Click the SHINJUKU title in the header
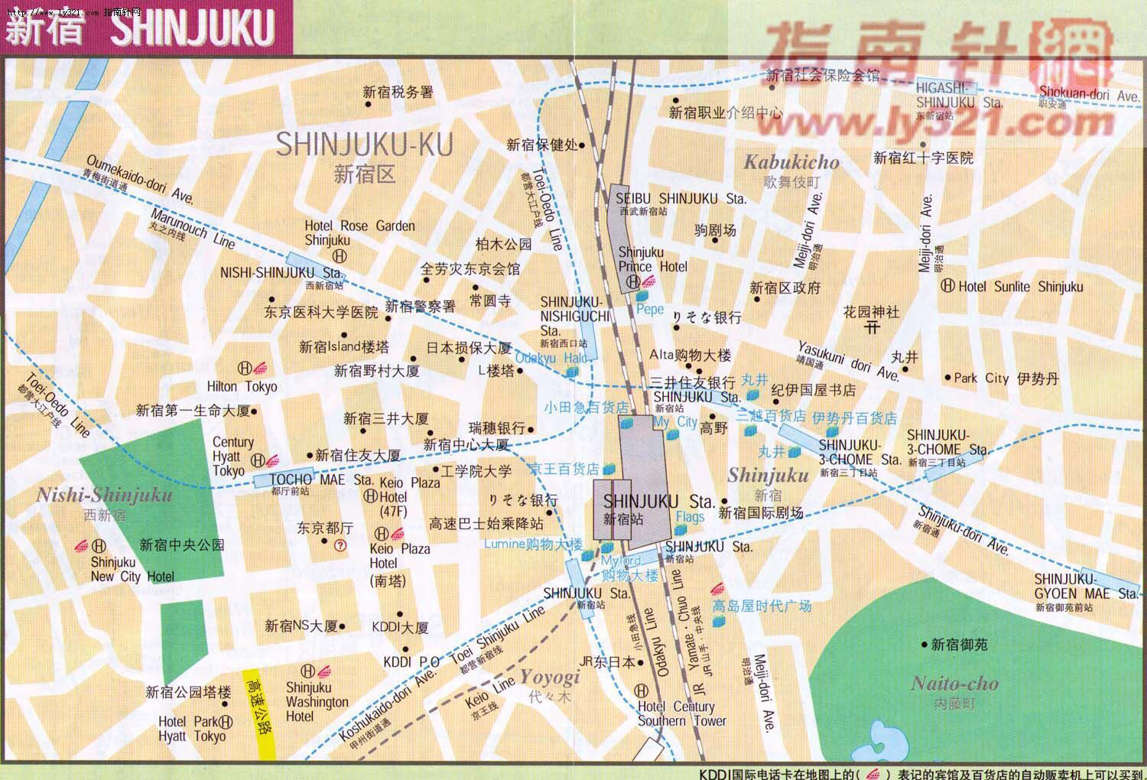coord(193,27)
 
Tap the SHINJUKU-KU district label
coord(364,145)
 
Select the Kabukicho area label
coord(791,162)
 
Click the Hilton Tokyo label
coord(242,386)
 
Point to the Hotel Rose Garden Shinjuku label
coord(359,232)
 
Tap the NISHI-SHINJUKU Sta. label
coord(281,272)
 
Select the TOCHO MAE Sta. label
coord(321,479)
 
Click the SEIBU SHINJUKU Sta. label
coord(681,199)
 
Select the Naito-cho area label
coord(954,684)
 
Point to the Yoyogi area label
coord(550,677)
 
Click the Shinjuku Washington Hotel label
coord(317,701)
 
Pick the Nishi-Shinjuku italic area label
coord(105,496)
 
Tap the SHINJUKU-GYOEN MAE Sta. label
coord(1086,587)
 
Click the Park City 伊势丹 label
coord(1006,378)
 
